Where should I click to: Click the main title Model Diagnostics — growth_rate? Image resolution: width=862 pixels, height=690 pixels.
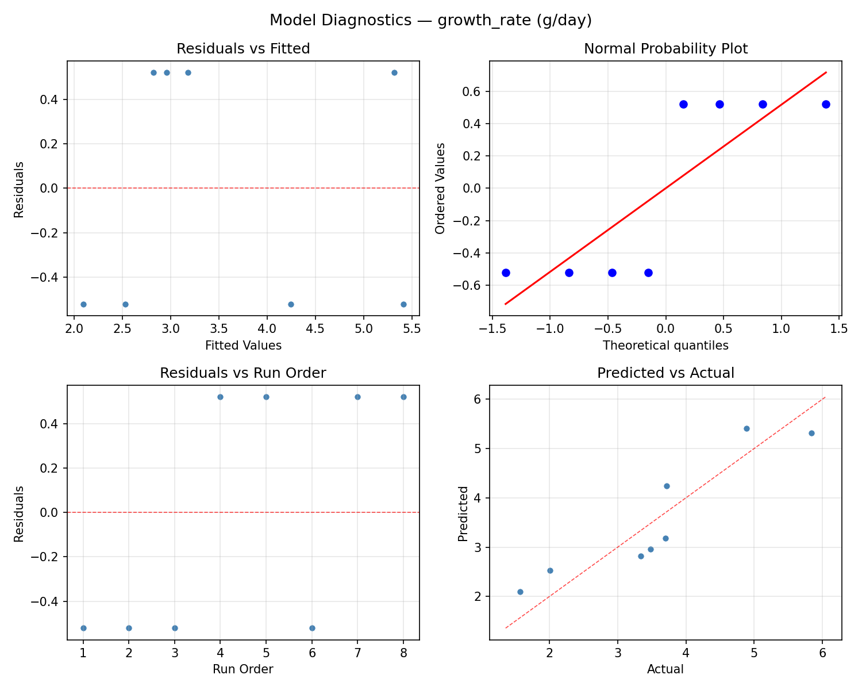pos(430,21)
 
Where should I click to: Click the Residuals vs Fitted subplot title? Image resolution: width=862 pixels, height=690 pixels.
pos(243,49)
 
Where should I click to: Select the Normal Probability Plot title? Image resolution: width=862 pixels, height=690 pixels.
pos(665,49)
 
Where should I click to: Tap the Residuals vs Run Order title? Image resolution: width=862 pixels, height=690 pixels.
pos(243,373)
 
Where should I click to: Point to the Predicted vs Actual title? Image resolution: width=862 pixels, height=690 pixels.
pos(665,373)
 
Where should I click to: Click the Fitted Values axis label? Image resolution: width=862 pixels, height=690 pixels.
pos(243,346)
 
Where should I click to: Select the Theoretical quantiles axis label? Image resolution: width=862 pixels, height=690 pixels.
pos(665,346)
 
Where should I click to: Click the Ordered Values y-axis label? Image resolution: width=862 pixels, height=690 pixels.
pos(440,189)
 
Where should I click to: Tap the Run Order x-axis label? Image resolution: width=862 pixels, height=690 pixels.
pos(243,669)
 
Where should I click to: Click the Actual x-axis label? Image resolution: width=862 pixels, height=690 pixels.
pos(665,669)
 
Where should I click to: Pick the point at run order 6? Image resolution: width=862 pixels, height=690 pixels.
pos(312,628)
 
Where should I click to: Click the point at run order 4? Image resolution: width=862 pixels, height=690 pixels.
pos(220,397)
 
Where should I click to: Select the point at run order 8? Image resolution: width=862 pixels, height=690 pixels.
pos(403,397)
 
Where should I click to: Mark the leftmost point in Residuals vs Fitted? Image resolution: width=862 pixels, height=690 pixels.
pos(83,304)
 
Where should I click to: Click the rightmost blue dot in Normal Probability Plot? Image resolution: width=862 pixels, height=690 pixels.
pos(826,104)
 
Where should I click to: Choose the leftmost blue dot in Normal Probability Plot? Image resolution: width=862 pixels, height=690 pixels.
pos(506,273)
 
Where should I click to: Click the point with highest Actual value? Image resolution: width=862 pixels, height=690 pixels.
pos(811,433)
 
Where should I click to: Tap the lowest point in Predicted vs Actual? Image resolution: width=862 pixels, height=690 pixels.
pos(520,592)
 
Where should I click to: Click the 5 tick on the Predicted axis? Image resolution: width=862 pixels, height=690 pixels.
pos(478,448)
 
